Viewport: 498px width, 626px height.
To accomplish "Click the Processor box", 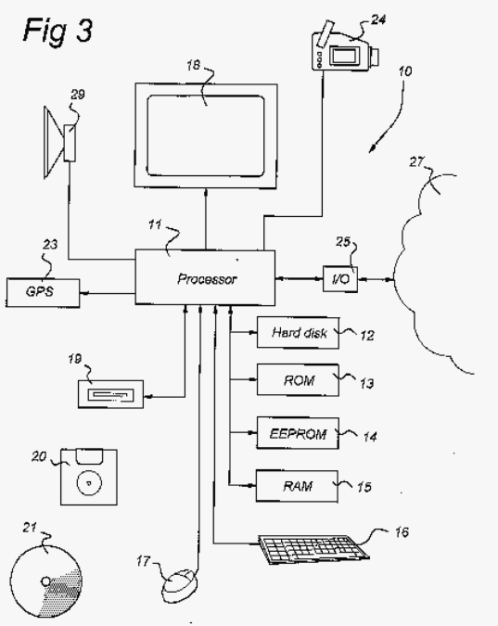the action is point(205,277).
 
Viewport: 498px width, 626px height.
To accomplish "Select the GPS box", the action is point(43,293).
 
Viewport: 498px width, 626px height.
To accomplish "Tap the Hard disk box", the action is point(298,333).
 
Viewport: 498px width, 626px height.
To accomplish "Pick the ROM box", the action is point(298,379).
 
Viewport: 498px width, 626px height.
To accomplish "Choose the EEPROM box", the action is point(298,433).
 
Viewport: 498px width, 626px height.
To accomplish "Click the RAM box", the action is point(297,486).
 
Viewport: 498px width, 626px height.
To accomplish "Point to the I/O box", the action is point(340,278).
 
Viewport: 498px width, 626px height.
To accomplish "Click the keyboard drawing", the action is point(313,549).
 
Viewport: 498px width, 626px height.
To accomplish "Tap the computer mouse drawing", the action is point(180,586).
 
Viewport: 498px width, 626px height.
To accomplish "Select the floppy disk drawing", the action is point(89,477).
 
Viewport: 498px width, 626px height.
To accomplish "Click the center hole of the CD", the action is point(46,581).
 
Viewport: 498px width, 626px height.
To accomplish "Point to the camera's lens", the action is point(374,57).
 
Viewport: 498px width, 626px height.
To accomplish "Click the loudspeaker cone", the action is point(54,142).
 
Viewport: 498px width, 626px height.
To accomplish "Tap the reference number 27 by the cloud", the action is point(416,161).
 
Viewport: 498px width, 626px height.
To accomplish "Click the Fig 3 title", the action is point(58,31).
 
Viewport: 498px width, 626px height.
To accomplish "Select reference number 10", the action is point(405,71).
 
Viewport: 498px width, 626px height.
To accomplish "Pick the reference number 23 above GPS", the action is point(50,244).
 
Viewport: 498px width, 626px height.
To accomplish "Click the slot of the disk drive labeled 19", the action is point(110,395).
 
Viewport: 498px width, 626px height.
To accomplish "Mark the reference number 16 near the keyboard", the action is point(402,532).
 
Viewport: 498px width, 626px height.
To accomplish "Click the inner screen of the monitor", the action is point(206,135).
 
